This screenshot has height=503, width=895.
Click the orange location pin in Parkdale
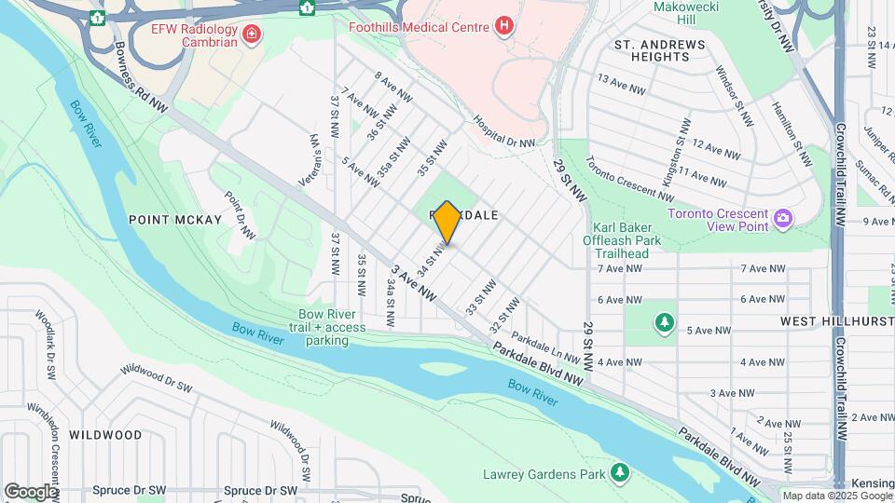(447, 223)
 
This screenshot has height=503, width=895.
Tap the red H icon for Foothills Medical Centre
(504, 26)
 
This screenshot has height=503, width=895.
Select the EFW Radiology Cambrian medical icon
(250, 35)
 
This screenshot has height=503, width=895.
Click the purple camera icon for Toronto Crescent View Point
(783, 218)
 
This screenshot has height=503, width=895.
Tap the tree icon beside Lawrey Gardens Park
(620, 474)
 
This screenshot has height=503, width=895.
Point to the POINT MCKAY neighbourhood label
(175, 220)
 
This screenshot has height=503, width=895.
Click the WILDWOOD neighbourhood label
(105, 435)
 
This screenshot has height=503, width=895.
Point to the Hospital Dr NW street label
(504, 131)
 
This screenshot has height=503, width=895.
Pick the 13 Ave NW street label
(622, 84)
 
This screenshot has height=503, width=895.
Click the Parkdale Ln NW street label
(546, 350)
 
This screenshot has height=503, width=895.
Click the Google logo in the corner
(31, 491)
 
